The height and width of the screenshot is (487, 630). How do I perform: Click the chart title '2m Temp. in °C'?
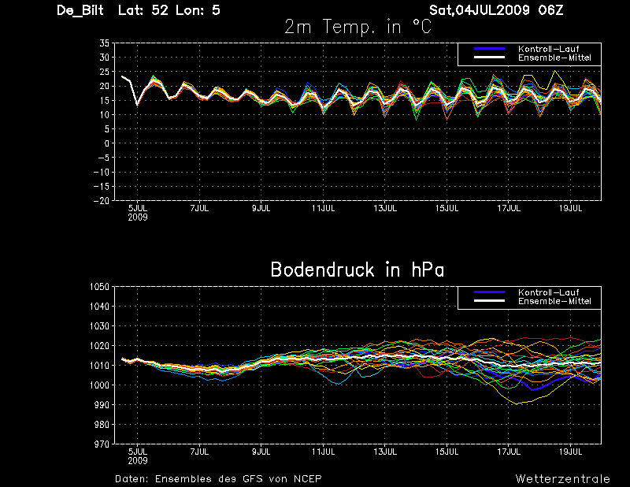[358, 28]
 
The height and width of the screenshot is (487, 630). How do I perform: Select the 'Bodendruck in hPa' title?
[358, 270]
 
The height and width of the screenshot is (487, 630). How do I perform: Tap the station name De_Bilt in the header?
[80, 10]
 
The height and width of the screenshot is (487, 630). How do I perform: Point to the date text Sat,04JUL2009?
[480, 10]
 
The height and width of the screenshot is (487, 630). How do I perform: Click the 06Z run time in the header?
[550, 10]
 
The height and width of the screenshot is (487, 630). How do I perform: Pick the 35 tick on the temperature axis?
[104, 43]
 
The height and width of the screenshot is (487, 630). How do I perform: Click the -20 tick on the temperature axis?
[102, 200]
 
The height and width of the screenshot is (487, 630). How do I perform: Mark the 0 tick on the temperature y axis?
[107, 143]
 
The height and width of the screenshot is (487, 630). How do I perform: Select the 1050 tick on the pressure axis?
[100, 287]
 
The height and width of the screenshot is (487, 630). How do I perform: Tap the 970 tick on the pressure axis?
[102, 444]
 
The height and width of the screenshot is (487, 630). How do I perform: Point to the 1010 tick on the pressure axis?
[100, 366]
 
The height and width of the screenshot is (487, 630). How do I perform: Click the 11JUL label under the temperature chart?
[324, 208]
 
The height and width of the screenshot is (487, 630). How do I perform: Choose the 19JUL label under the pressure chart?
[570, 452]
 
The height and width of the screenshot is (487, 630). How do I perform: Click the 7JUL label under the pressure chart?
[199, 452]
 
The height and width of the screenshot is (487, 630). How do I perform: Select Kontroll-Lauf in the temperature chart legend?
[548, 49]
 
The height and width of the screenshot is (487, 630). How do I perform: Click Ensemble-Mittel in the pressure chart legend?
[554, 301]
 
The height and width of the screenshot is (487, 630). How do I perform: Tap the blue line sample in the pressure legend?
[489, 292]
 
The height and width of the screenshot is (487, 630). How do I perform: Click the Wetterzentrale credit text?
[562, 479]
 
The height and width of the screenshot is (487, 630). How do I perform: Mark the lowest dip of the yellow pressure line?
[517, 403]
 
